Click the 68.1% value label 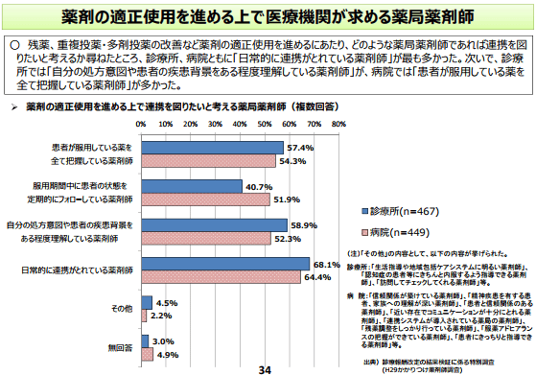(x=327, y=264)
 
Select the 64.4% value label (x=317, y=277)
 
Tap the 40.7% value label (x=258, y=186)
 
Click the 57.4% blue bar (x=212, y=148)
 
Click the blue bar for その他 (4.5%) (x=146, y=303)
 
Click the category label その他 (x=121, y=309)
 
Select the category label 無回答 (x=121, y=347)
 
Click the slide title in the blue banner (x=268, y=16)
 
